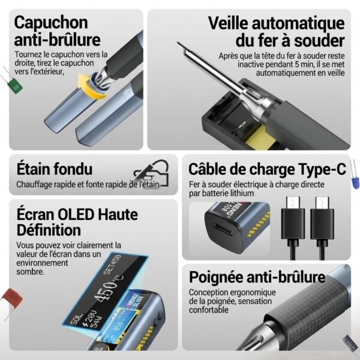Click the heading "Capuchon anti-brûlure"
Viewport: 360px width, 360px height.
click(x=57, y=31)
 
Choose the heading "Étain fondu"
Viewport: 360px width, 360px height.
click(x=55, y=169)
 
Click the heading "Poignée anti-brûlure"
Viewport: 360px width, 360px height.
click(x=257, y=277)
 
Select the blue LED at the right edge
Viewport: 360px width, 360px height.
click(x=355, y=182)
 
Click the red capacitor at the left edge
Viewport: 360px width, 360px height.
click(x=10, y=296)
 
